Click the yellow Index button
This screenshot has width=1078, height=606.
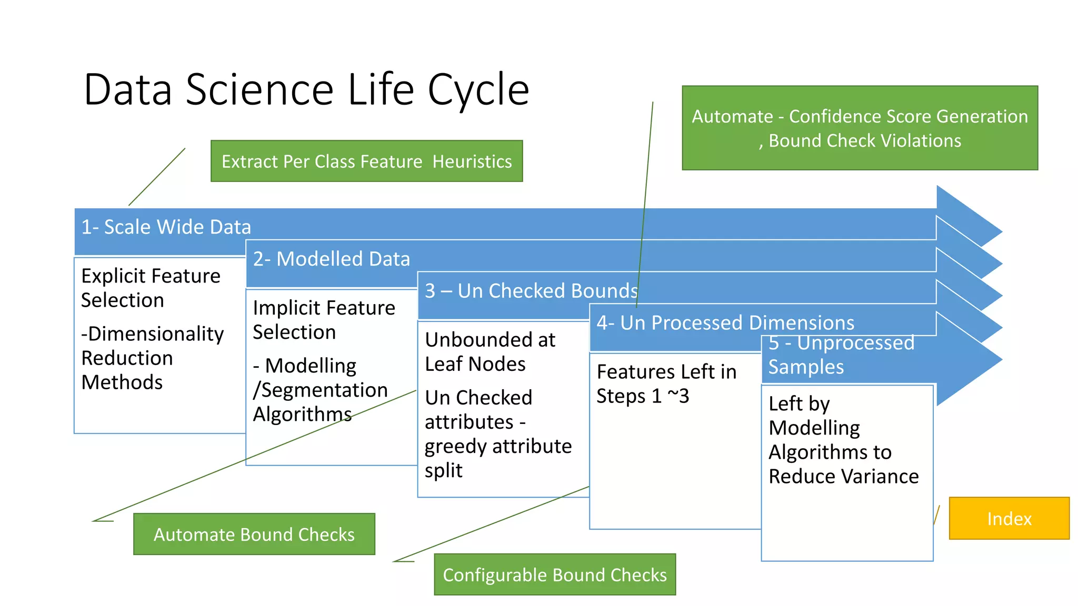coord(1009,519)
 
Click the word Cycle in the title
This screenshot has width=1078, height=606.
coord(478,90)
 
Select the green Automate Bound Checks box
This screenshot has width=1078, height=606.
coord(254,534)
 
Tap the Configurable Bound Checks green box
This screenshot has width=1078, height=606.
coord(554,575)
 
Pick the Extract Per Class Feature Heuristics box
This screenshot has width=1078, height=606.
coord(366,161)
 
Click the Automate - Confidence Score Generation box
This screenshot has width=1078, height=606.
coord(859,128)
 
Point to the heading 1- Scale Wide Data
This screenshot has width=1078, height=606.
coord(166,227)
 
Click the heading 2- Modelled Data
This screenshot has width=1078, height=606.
coord(331,259)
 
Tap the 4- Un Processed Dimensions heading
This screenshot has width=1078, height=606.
coord(725,323)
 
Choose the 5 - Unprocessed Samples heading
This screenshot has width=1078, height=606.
coord(841,355)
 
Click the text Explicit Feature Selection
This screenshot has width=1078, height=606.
coord(151,288)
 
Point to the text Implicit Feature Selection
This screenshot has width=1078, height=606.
coord(323,320)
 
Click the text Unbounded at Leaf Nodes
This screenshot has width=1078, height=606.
coord(490,352)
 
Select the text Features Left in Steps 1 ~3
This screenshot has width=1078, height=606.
coord(666,384)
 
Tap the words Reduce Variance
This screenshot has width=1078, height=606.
coord(843,477)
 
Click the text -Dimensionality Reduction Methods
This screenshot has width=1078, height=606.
coord(152,358)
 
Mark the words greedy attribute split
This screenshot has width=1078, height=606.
coord(497,458)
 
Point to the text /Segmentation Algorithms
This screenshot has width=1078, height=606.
coord(320,402)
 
